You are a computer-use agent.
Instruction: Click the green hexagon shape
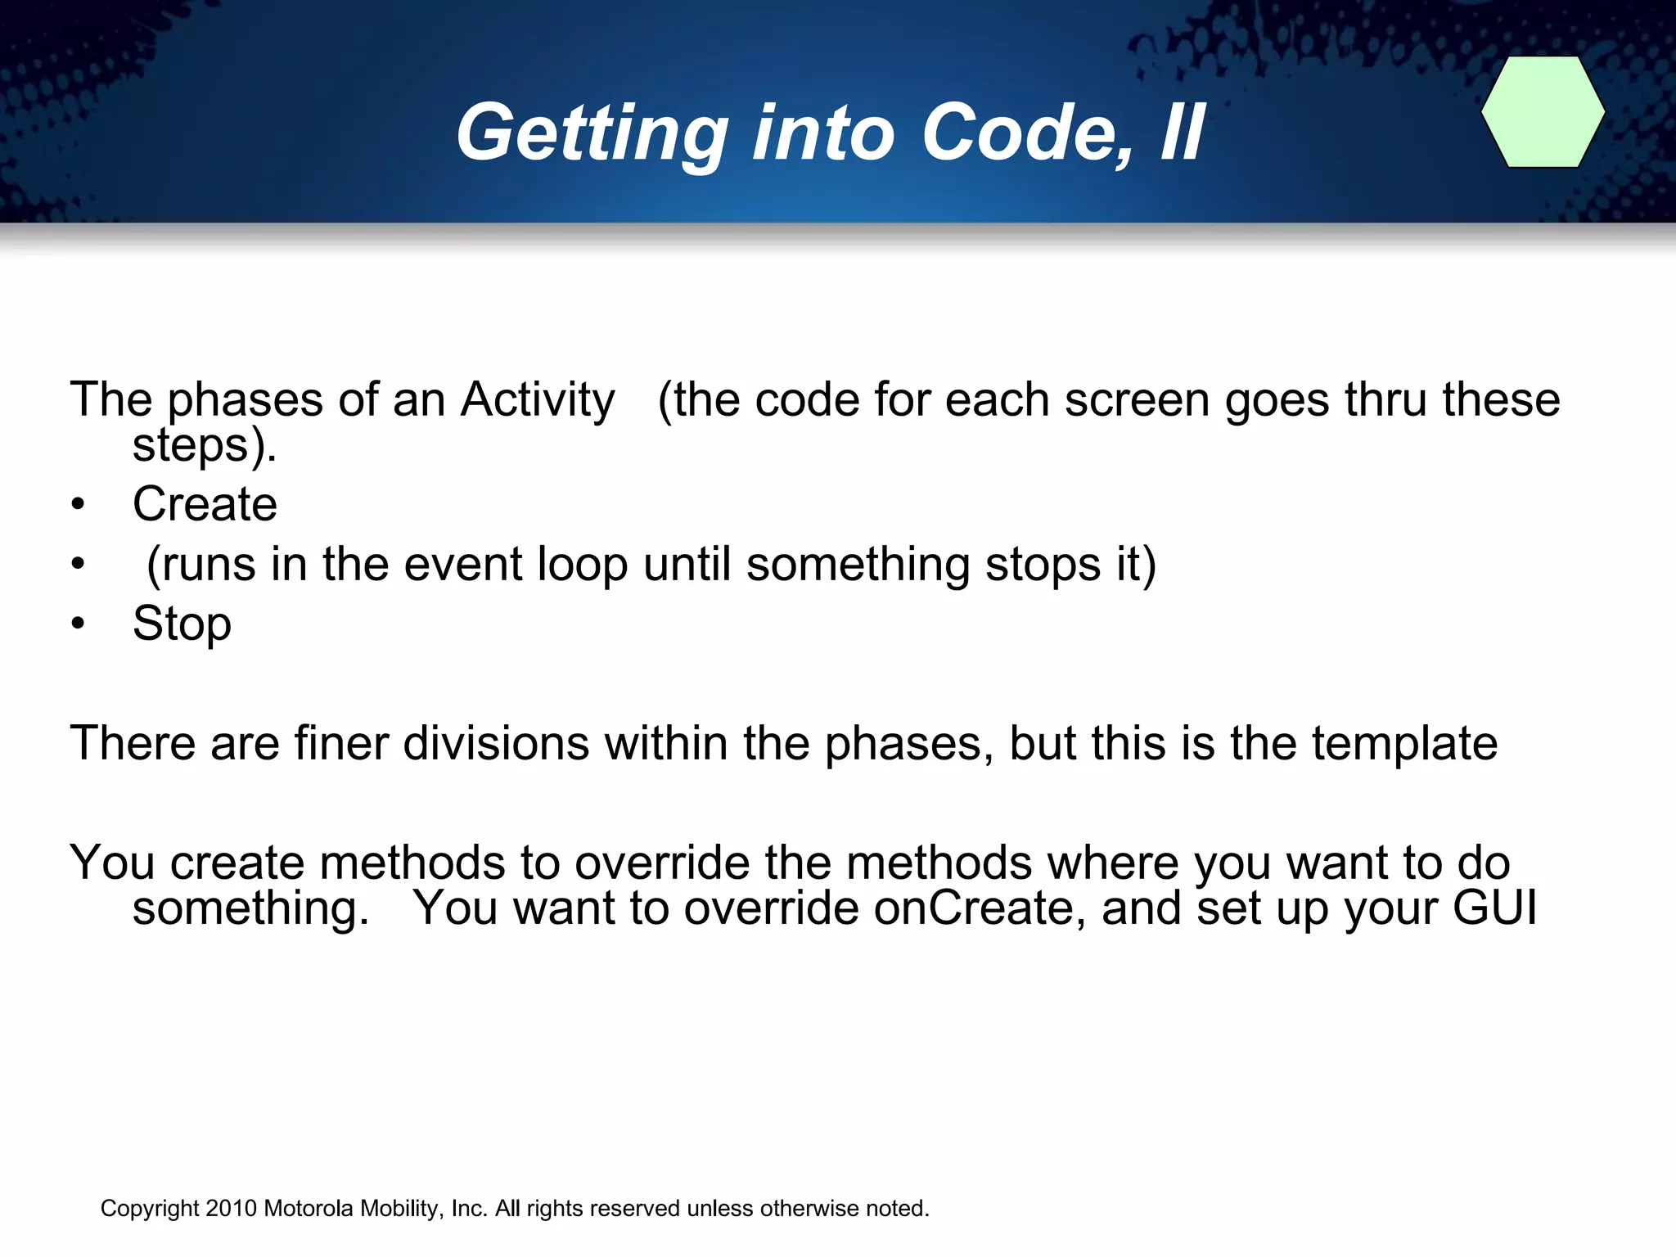1543,112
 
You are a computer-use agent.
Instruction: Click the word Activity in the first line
537,400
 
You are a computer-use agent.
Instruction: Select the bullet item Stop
182,624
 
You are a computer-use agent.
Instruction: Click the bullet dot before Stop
78,624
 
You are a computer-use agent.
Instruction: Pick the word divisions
496,743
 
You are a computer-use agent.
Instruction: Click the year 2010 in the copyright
232,1209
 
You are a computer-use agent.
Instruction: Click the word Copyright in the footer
150,1209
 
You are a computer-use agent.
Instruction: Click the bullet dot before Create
78,505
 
